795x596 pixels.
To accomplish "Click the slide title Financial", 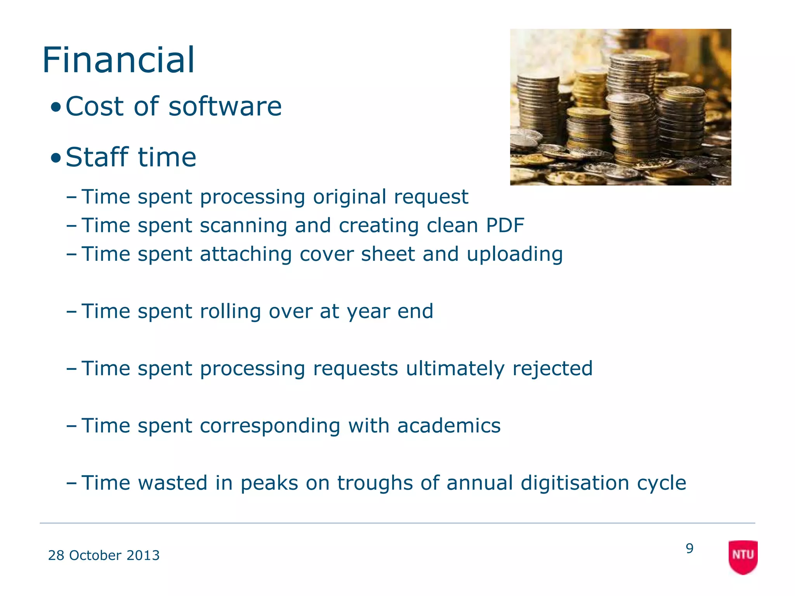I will pyautogui.click(x=118, y=60).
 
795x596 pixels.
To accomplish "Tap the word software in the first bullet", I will pyautogui.click(x=225, y=106).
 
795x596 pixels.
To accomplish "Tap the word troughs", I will pyautogui.click(x=375, y=483).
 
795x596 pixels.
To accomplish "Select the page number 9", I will pyautogui.click(x=689, y=548).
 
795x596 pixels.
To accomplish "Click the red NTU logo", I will pyautogui.click(x=743, y=556).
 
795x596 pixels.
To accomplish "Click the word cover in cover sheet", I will pyautogui.click(x=326, y=255).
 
